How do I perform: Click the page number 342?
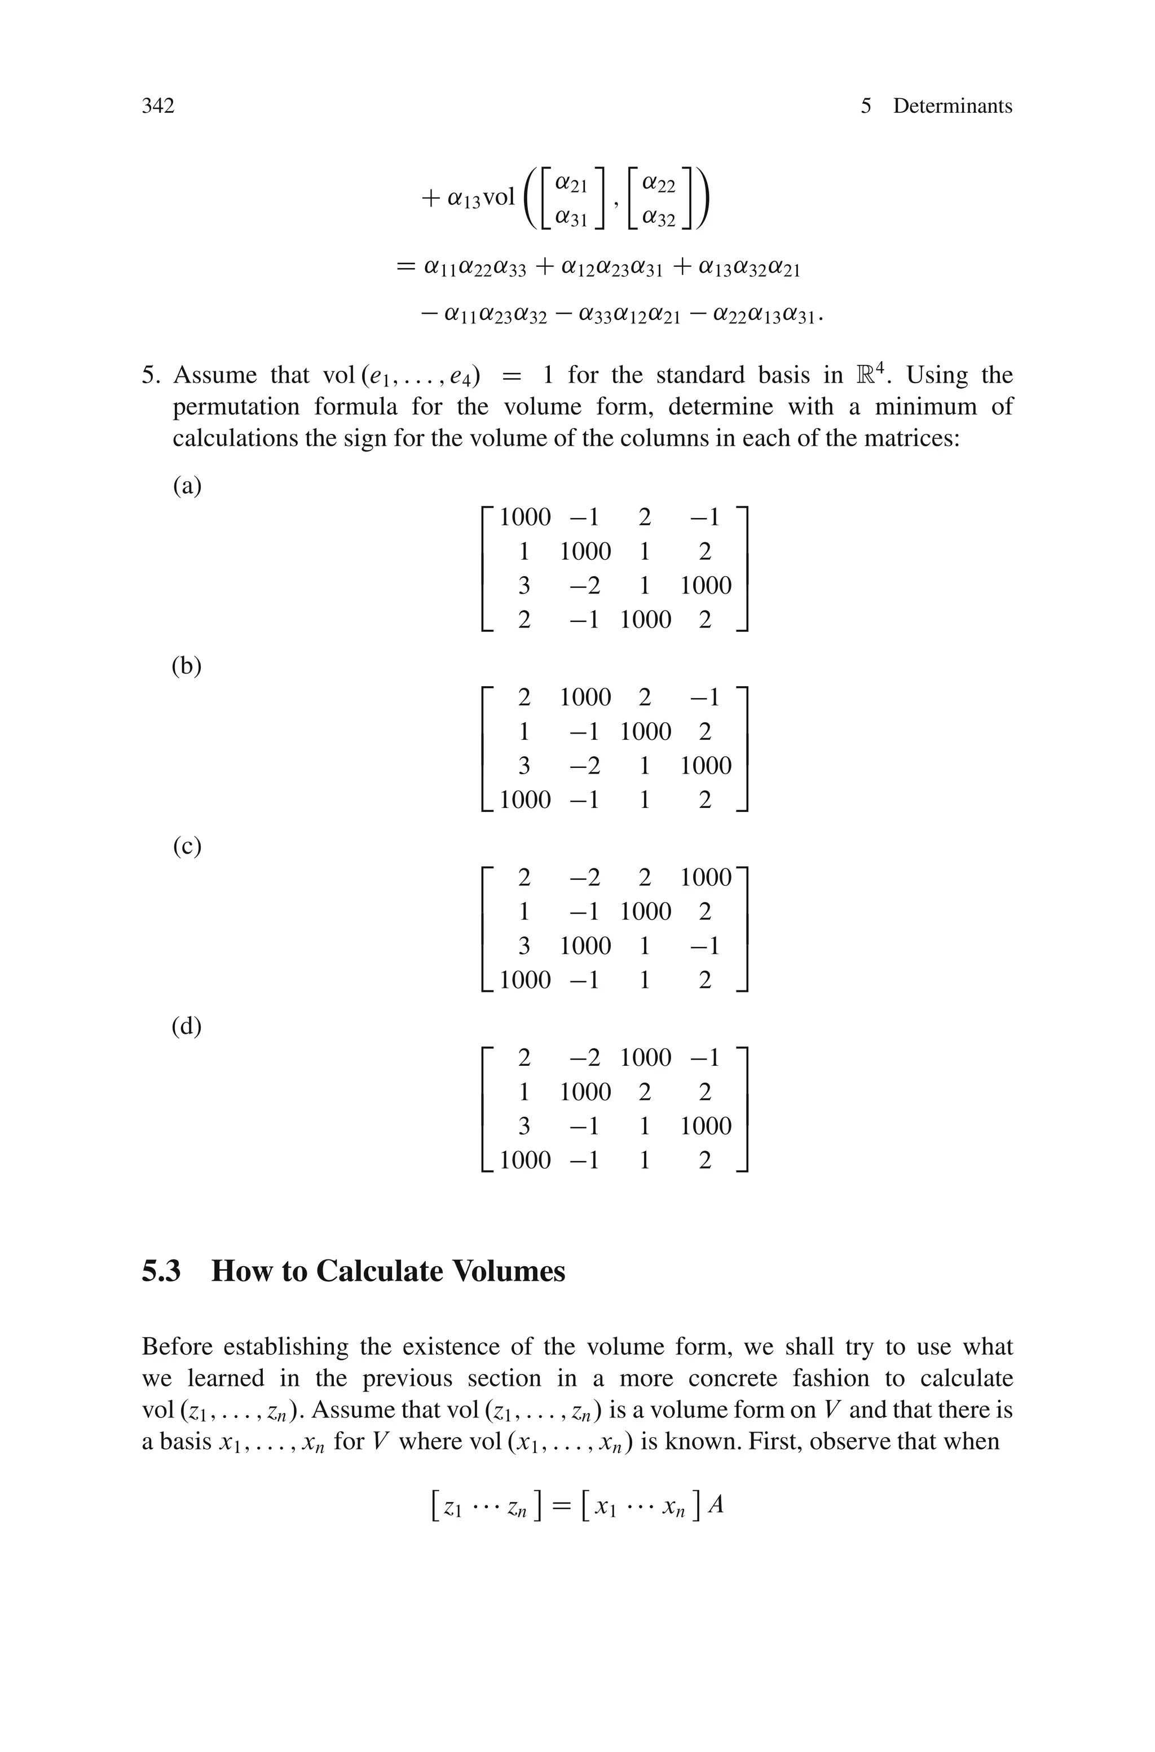158,106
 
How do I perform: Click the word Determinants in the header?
953,106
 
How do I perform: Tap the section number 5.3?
161,1271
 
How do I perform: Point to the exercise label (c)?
186,846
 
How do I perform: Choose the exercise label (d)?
186,1026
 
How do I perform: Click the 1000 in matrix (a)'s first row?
524,517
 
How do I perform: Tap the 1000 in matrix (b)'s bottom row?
524,800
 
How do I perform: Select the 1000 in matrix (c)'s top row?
706,877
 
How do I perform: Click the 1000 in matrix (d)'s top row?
645,1057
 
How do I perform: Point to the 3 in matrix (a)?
524,586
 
